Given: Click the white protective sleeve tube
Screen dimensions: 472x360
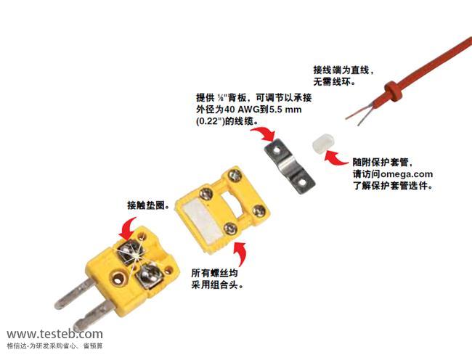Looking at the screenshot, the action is point(324,144).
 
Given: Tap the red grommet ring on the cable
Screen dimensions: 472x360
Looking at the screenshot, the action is point(393,92).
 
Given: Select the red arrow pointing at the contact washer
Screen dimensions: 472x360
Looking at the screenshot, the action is point(128,229).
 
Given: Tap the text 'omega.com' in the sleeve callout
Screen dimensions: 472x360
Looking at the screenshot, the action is point(407,174).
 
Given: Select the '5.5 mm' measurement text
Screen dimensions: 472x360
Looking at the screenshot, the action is point(285,109).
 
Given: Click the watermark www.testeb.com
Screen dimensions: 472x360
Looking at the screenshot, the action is point(54,334).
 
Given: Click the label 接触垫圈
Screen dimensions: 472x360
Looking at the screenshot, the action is point(146,205).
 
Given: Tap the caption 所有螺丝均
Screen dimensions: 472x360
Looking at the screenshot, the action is point(214,273).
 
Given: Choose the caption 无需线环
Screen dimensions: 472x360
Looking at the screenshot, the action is point(332,81).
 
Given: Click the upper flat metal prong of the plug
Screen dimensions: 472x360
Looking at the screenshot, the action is point(75,293).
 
